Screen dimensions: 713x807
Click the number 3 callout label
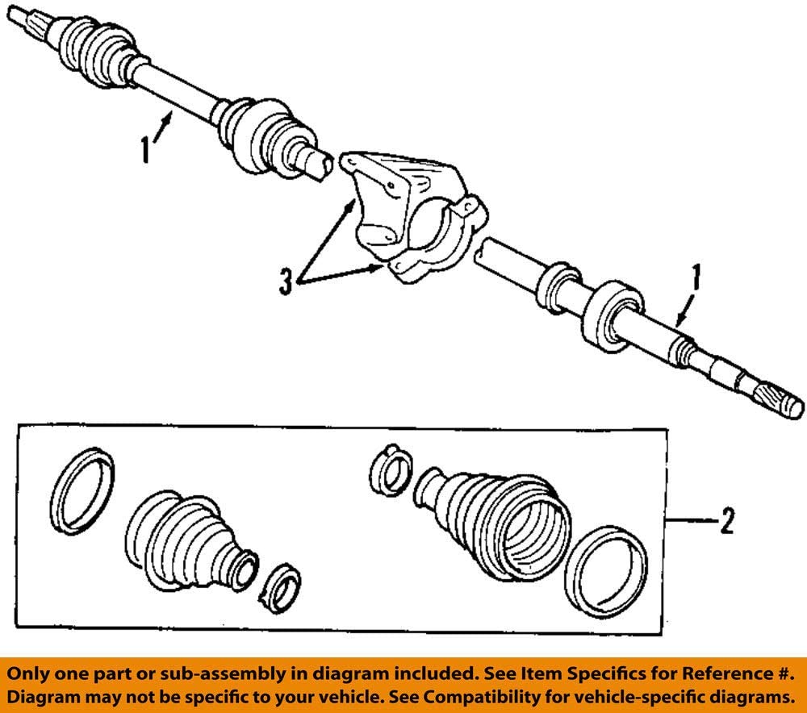point(286,282)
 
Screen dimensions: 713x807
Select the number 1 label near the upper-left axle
point(144,148)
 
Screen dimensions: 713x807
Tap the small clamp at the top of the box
point(389,469)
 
